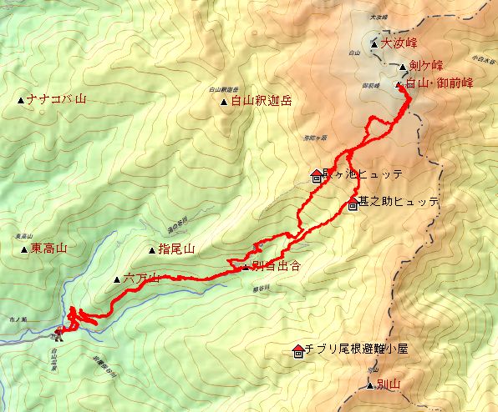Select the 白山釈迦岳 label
[x=262, y=102]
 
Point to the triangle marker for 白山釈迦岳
[x=224, y=103]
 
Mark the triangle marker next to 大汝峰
[x=375, y=43]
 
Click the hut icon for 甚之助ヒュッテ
[x=352, y=203]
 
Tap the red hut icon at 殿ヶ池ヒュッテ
[x=316, y=175]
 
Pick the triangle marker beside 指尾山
[x=151, y=249]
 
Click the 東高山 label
[x=48, y=249]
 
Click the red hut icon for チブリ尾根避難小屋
[x=298, y=349]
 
